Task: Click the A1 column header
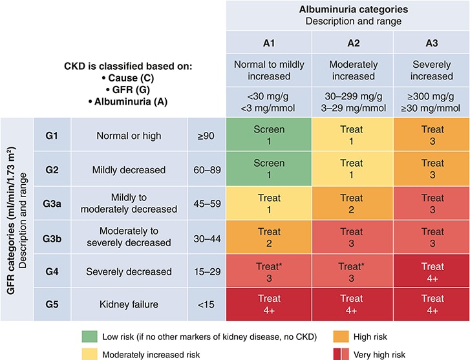[x=268, y=43]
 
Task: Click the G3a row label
[x=52, y=202]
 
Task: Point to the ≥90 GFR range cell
[x=206, y=136]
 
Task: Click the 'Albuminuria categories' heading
[x=348, y=9]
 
